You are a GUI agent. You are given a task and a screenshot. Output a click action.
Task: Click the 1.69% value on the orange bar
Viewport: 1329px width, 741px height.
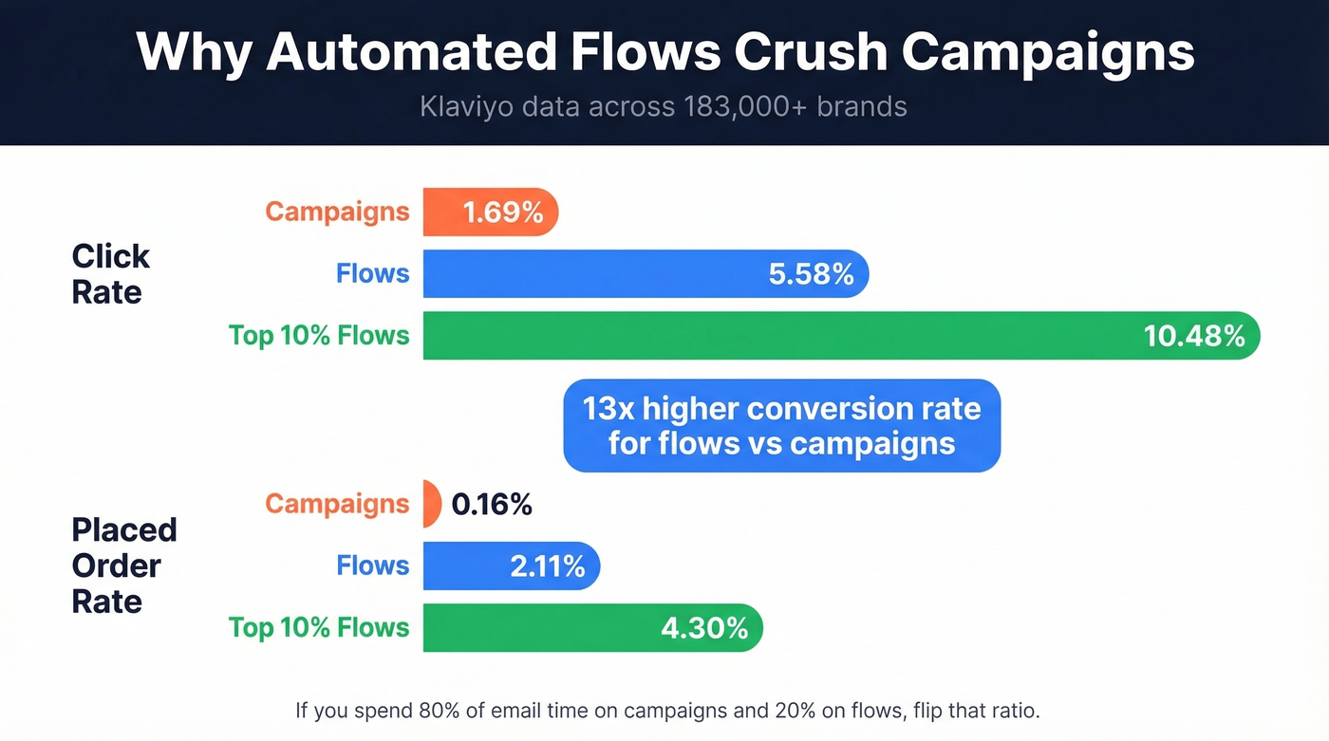click(503, 213)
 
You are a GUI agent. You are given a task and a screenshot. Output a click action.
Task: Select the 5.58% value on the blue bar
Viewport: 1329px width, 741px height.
click(811, 274)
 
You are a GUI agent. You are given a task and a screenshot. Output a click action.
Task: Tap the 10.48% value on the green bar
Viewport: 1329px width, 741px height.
click(1194, 336)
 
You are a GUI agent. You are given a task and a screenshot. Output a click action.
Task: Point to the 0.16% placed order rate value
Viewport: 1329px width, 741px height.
click(492, 505)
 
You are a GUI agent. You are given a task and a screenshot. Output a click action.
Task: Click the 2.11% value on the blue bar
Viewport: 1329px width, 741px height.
click(548, 566)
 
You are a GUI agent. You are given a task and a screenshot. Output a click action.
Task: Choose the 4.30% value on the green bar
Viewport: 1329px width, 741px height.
click(703, 628)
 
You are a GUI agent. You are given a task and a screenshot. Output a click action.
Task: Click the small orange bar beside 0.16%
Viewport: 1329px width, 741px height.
click(431, 504)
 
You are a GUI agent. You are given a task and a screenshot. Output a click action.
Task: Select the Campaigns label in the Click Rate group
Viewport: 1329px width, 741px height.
click(337, 212)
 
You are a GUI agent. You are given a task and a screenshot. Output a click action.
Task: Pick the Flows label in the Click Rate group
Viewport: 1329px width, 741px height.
click(372, 274)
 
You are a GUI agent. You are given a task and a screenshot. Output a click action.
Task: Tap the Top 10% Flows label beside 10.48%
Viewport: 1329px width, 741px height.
click(319, 336)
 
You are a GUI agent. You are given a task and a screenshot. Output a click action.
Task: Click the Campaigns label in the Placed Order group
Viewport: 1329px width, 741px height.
click(337, 504)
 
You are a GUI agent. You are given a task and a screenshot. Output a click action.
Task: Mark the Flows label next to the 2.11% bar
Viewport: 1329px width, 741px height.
click(372, 566)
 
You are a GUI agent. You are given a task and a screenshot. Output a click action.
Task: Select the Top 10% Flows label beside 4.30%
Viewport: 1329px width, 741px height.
click(319, 628)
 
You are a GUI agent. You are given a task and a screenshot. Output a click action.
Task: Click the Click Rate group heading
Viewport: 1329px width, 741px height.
click(110, 274)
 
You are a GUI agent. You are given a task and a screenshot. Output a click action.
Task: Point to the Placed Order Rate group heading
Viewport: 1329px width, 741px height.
click(123, 565)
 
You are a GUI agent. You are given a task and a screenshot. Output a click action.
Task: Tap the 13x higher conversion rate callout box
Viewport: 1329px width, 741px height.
click(781, 426)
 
